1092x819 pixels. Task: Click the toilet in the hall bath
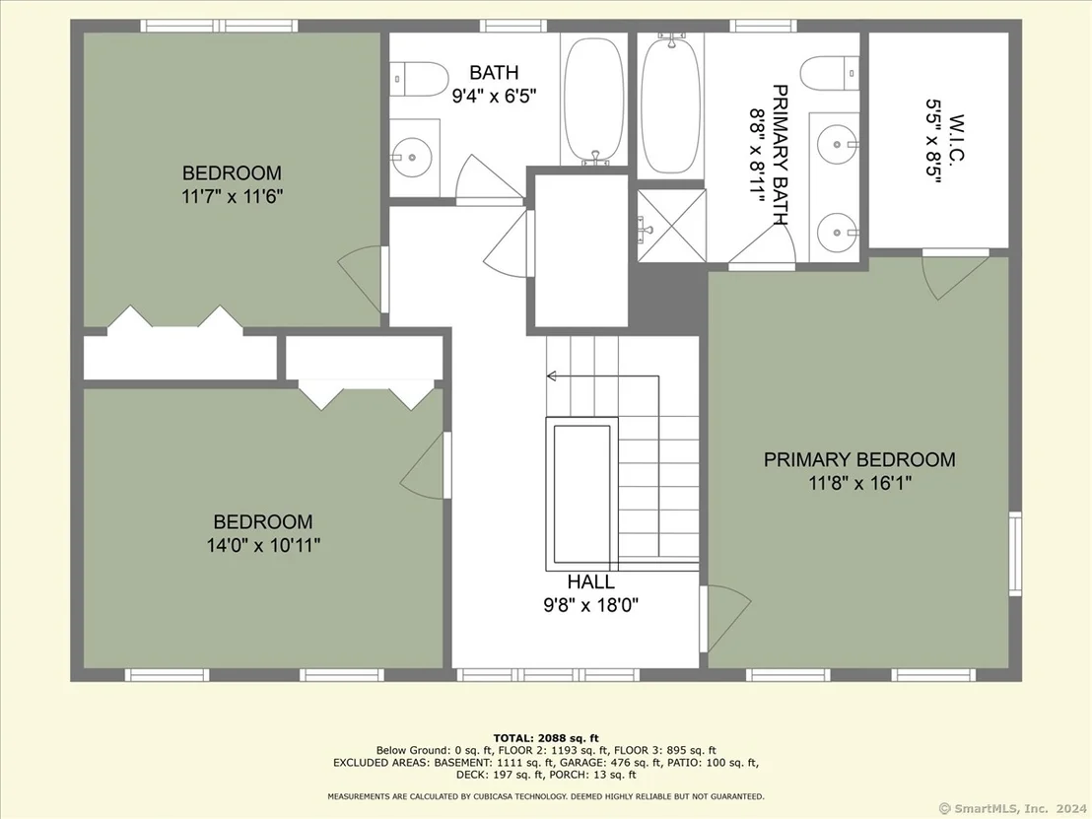click(x=418, y=80)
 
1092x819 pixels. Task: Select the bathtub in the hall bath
click(x=593, y=101)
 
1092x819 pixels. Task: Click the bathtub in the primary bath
click(x=670, y=103)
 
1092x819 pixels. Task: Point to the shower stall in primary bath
click(x=671, y=226)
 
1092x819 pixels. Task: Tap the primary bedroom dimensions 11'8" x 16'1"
click(x=860, y=483)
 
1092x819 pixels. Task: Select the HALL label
click(x=590, y=581)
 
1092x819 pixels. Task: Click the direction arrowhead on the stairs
click(x=551, y=376)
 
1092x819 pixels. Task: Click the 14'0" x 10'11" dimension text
click(x=263, y=545)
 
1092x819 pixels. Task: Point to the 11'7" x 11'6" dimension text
click(x=232, y=196)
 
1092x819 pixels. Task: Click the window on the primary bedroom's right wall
click(x=1015, y=554)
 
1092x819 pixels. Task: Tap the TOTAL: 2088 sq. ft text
click(x=546, y=738)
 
